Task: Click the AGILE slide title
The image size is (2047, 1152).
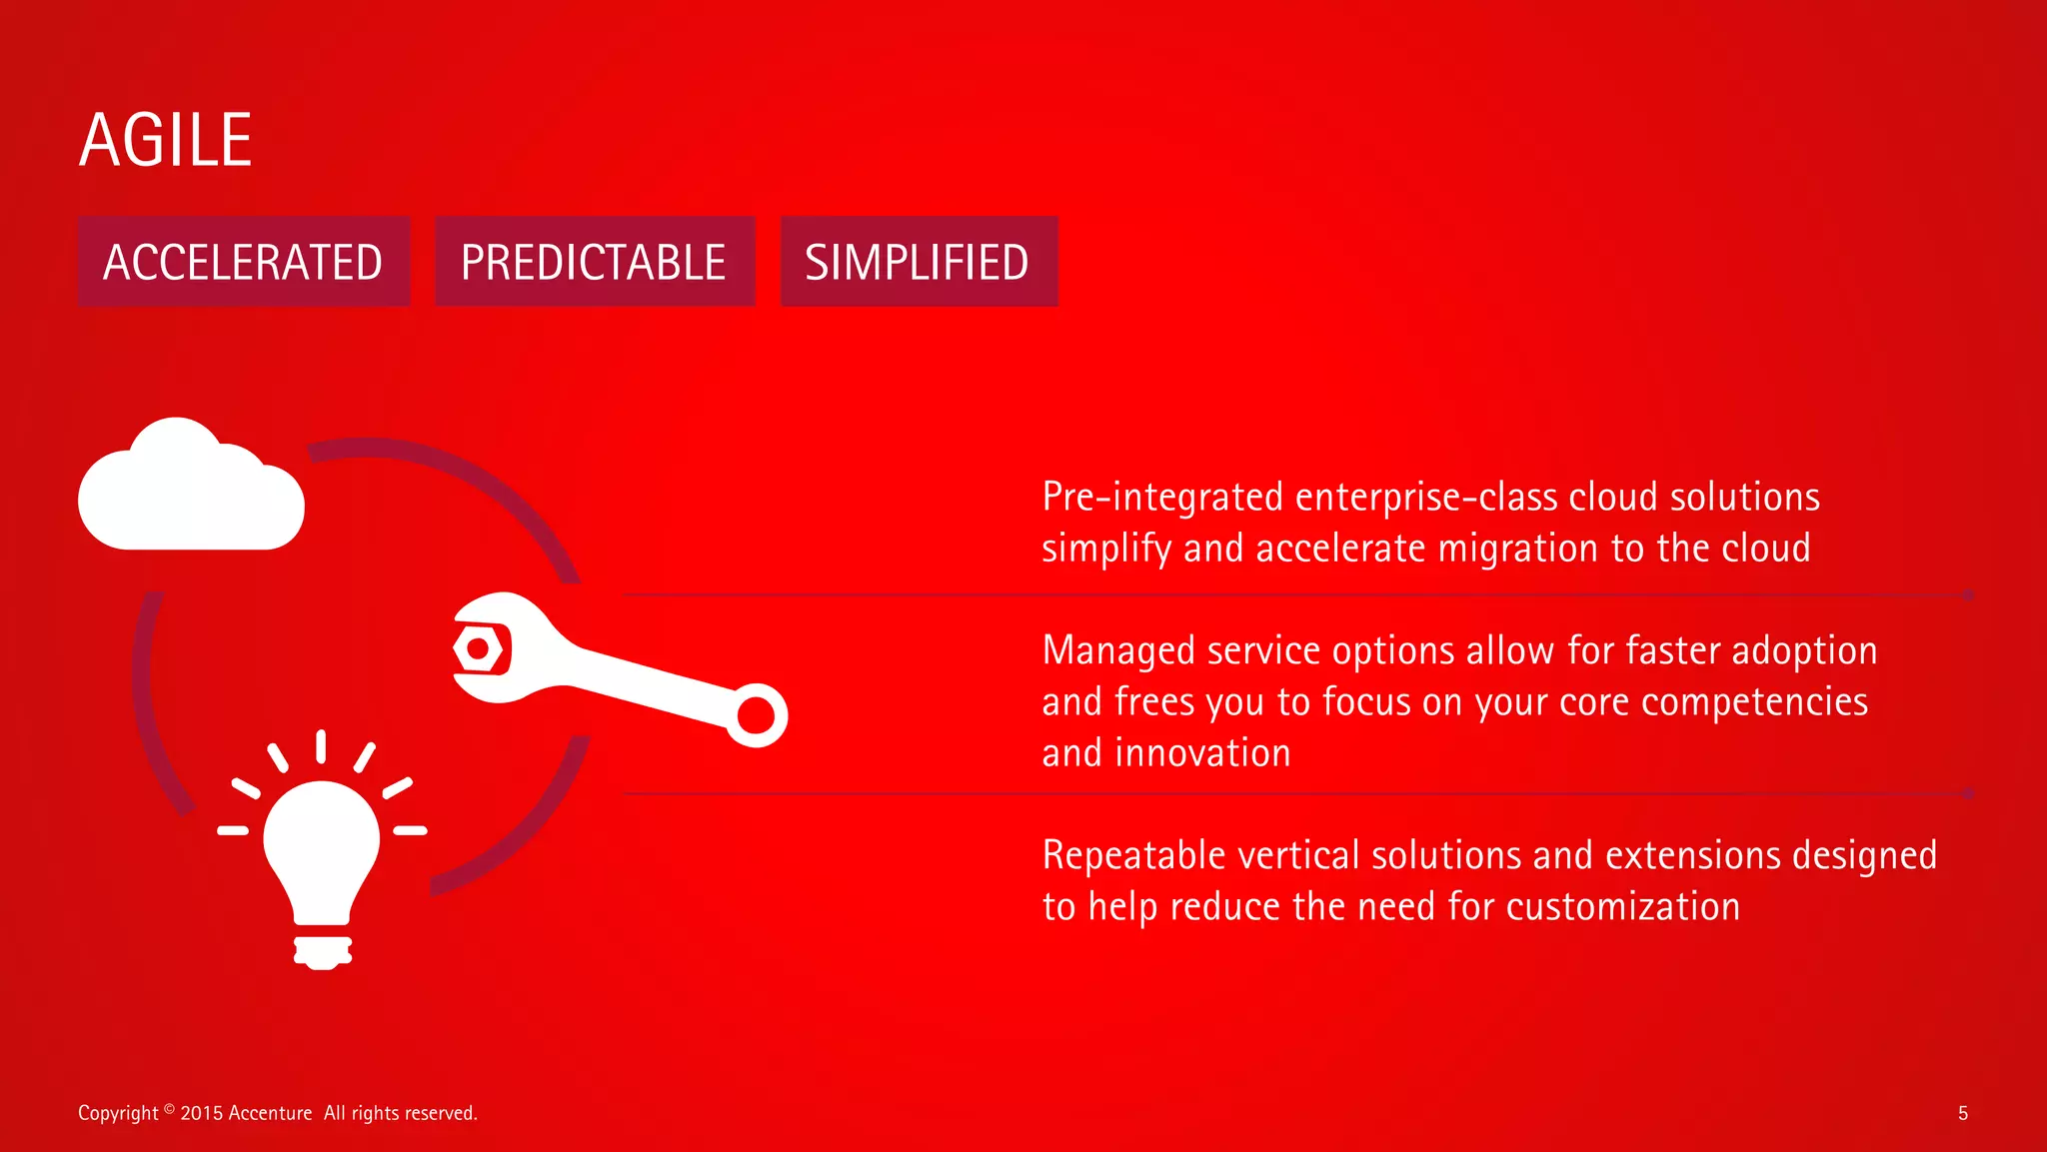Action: tap(165, 140)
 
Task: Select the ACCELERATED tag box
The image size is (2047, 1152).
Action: tap(243, 262)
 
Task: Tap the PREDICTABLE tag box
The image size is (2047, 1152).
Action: tap(594, 262)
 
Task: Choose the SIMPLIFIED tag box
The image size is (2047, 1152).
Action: tap(918, 262)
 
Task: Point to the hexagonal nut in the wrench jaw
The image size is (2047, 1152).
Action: tap(479, 649)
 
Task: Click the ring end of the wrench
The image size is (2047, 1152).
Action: tap(756, 715)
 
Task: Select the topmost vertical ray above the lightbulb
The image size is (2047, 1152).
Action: tap(321, 746)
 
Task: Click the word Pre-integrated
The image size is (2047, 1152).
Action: tap(1162, 497)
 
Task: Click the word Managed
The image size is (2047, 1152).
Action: tap(1118, 651)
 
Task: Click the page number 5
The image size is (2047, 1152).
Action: tap(1962, 1113)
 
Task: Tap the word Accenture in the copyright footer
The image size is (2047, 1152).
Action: tap(270, 1113)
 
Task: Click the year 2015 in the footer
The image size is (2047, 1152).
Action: tap(201, 1113)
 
